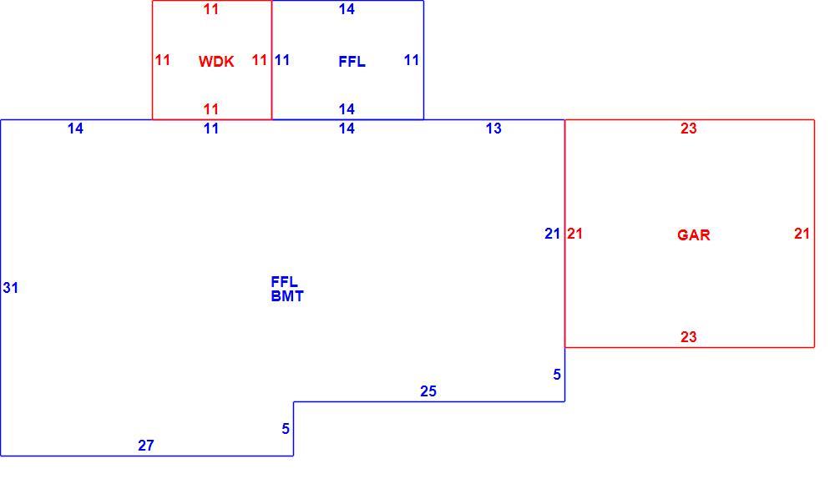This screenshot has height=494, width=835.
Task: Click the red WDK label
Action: click(216, 62)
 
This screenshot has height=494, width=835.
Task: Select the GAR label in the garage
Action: click(693, 234)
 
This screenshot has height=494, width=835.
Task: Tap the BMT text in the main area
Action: click(287, 296)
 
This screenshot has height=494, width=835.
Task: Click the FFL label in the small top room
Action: click(352, 62)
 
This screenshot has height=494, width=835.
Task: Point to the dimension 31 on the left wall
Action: click(11, 288)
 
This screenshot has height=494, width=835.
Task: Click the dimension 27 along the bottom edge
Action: click(146, 446)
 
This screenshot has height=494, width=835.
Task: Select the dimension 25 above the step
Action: click(428, 391)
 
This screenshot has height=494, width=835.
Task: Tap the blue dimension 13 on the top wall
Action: click(493, 129)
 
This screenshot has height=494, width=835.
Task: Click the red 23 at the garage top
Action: click(689, 129)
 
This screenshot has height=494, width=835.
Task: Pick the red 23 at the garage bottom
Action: click(689, 337)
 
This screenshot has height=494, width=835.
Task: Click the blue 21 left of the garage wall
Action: click(552, 234)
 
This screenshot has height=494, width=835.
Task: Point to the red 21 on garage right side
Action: click(802, 234)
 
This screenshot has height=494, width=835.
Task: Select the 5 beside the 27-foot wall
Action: click(286, 429)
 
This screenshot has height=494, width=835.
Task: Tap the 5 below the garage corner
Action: click(556, 375)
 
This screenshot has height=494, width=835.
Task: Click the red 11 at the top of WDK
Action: click(211, 9)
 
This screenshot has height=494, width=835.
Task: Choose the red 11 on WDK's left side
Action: click(163, 60)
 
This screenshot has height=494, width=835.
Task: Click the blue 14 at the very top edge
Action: click(347, 9)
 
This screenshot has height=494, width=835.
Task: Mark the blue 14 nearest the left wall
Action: click(75, 129)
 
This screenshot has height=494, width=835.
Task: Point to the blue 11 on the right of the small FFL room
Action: click(412, 60)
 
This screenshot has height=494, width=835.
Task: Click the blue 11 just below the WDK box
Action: click(211, 129)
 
